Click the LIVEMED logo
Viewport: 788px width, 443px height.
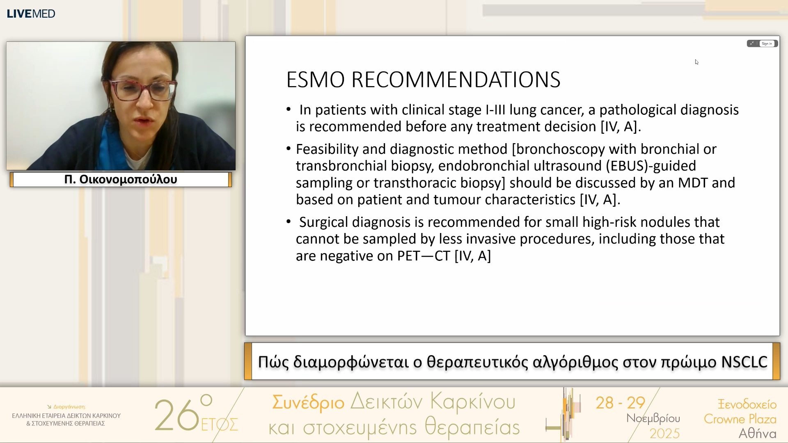coord(31,14)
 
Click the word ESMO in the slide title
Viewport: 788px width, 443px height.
coord(315,80)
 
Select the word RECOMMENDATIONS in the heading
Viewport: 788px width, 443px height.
coord(456,80)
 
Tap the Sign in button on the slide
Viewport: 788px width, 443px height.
coord(767,43)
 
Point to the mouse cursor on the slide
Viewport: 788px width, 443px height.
coord(696,62)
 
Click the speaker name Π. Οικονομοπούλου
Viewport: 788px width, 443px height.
coord(121,179)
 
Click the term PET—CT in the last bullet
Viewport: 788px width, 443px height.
coord(424,256)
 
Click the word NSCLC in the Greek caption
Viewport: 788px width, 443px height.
coord(744,362)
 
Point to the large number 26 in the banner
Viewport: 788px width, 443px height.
coord(177,415)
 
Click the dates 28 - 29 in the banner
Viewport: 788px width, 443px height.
coord(621,403)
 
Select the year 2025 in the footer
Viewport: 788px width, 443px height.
coord(664,434)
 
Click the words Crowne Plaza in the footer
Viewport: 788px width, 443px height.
coord(740,419)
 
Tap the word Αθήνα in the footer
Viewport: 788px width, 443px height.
coord(757,434)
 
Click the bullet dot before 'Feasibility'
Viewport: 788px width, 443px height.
coord(289,148)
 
